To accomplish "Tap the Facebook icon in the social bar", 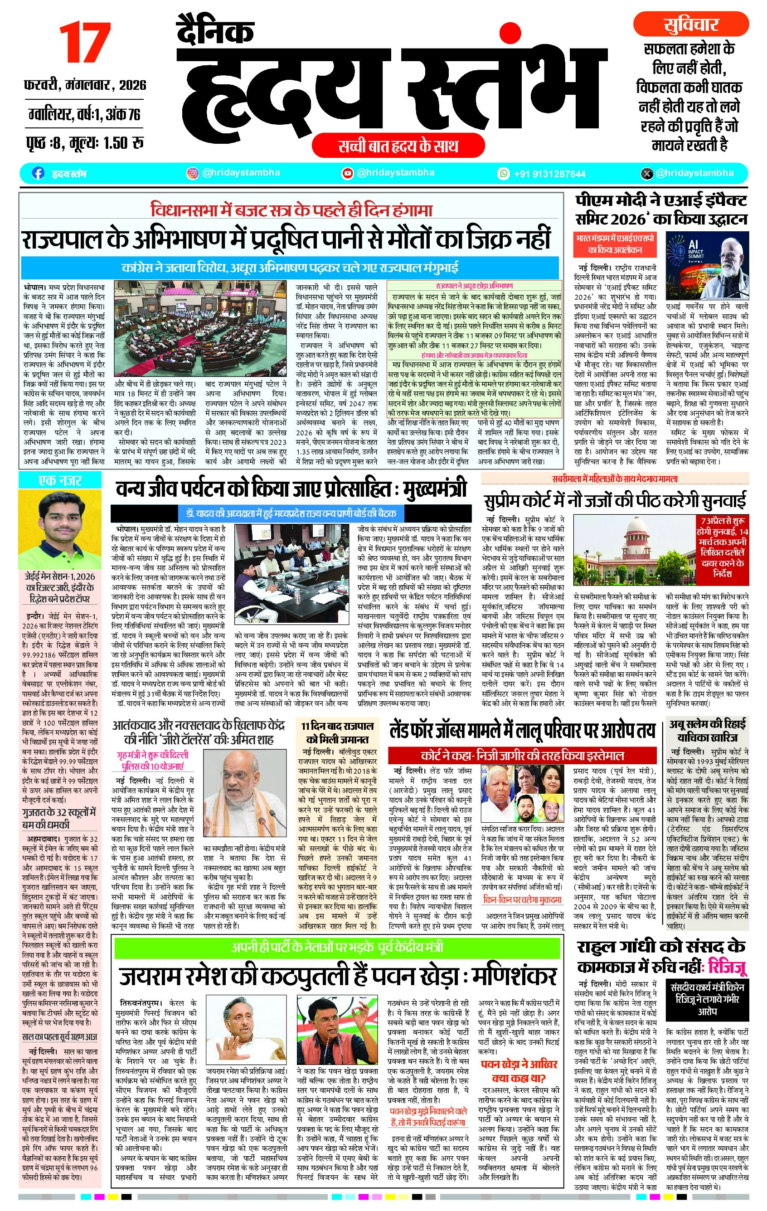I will coord(38,173).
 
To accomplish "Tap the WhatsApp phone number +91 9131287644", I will coord(549,174).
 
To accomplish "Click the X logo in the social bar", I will coord(647,174).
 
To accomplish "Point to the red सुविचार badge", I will coord(690,24).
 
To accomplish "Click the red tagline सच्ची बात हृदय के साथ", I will coord(398,146).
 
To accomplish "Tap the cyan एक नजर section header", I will coord(60,481).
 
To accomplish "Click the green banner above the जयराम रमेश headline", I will coord(337,947).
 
